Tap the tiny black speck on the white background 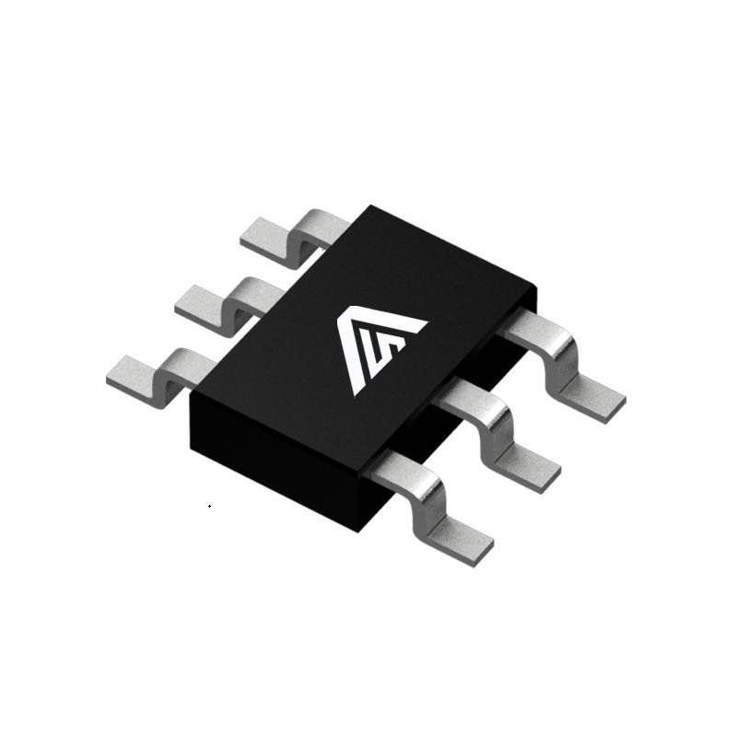210,506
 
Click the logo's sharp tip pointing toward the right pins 427,322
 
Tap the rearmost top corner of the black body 369,206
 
